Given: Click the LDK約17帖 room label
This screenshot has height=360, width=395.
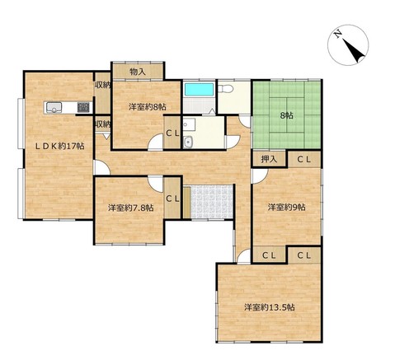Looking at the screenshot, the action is point(59,146).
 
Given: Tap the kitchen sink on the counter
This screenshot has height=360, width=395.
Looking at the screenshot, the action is point(54,107).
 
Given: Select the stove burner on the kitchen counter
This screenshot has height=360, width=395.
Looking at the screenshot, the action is point(83,107).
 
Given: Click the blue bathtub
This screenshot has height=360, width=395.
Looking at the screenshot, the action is point(200,89).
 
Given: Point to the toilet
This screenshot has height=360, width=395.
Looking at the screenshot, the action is point(226,89).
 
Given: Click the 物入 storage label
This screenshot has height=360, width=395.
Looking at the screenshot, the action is point(138,72).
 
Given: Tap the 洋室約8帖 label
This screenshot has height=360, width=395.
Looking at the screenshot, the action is point(148,107).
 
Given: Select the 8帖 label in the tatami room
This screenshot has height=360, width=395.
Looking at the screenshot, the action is point(286,115).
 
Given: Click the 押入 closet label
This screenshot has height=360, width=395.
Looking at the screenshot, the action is point(269,159).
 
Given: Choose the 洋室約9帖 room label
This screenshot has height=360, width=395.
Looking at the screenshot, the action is point(287,207).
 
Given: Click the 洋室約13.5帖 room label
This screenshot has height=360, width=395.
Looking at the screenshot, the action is point(270,307).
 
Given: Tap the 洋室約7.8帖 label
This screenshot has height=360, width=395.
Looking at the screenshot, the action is point(130,208).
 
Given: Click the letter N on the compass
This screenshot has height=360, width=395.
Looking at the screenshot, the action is point(338,33).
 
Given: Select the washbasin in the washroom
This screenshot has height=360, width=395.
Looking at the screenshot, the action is point(188,143).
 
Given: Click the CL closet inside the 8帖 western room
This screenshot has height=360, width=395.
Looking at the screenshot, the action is point(172,133).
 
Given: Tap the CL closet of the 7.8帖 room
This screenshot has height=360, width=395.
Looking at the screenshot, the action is point(172,199).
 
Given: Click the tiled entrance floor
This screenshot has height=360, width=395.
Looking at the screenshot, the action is point(212,202).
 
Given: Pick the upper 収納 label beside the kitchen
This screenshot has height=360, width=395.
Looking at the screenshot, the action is point(102,85).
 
